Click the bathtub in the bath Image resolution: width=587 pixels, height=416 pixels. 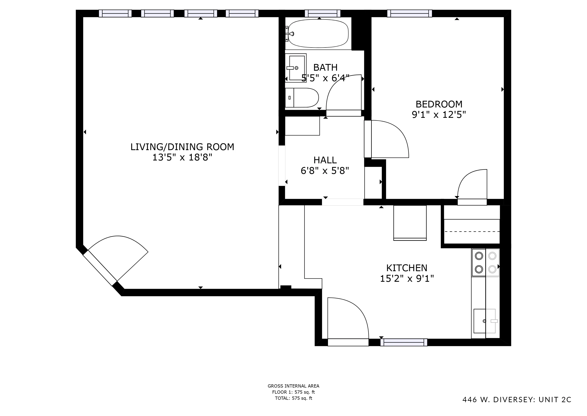318,33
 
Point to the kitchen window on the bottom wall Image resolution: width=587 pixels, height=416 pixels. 404,342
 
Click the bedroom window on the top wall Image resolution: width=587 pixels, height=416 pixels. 410,13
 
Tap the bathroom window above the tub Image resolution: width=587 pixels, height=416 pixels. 323,13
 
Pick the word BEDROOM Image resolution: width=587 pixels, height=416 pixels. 439,104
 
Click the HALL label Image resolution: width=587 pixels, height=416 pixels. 325,160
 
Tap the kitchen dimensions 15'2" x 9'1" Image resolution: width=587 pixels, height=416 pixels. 407,278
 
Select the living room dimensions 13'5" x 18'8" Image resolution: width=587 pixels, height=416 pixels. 182,157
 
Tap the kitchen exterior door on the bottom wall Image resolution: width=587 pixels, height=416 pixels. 348,342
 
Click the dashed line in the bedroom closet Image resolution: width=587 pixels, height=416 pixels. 472,232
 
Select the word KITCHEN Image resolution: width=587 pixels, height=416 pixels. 407,268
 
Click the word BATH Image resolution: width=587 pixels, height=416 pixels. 326,68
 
